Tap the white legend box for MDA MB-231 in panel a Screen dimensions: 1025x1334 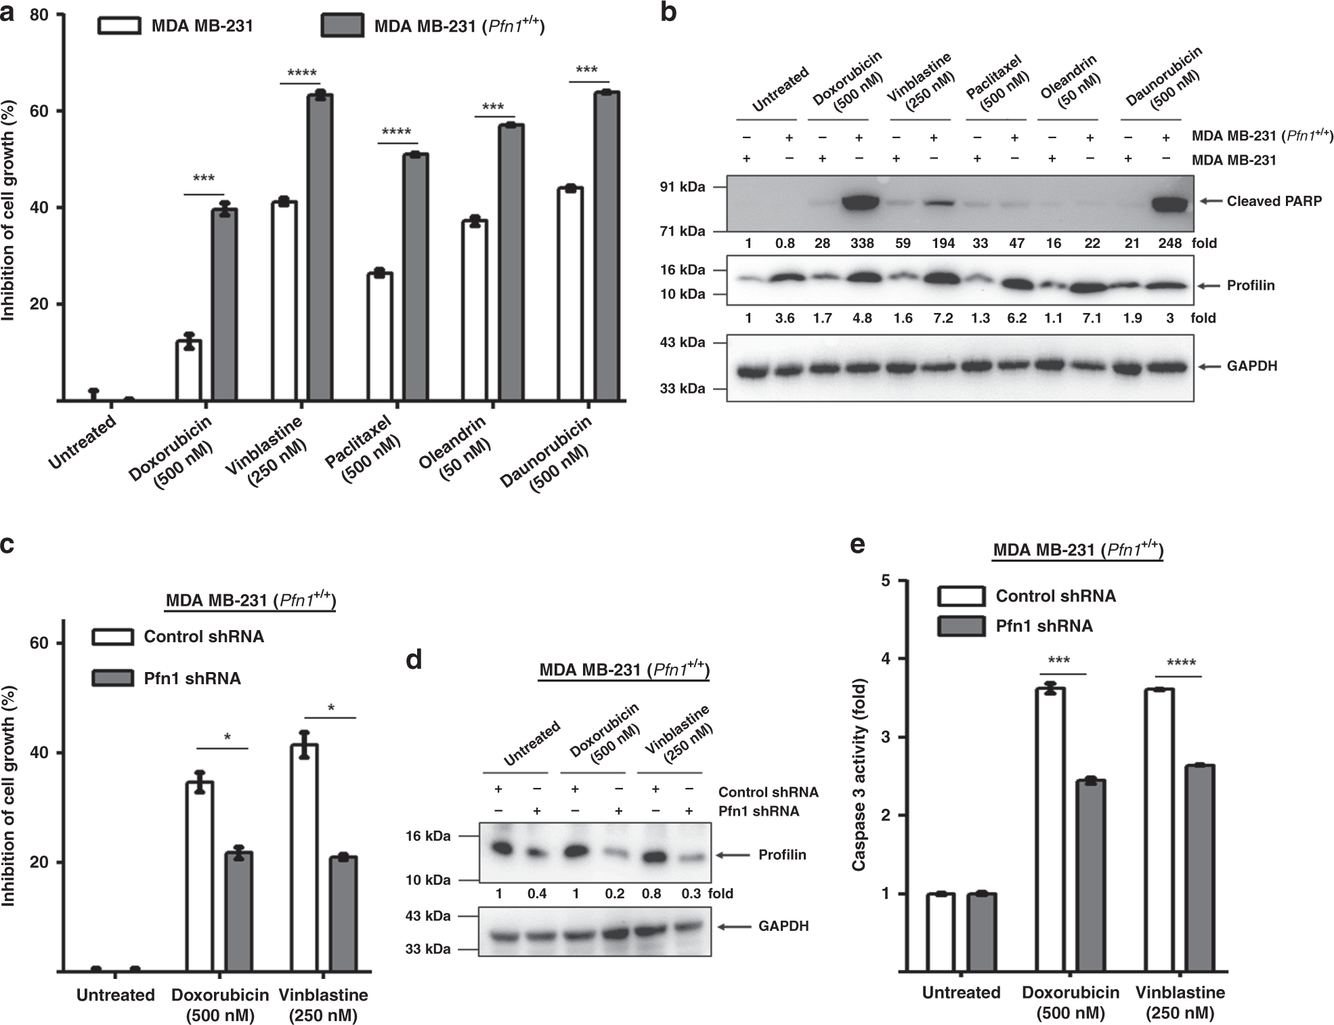click(x=120, y=26)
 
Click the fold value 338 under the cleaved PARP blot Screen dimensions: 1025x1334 click(x=861, y=243)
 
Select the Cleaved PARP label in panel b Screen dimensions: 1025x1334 click(x=1274, y=201)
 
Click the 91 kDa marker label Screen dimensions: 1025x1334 click(x=683, y=187)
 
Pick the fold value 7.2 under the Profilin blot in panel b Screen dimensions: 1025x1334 click(x=943, y=318)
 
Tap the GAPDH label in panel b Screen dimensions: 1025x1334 click(x=1252, y=367)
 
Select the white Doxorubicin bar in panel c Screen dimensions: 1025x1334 click(x=200, y=876)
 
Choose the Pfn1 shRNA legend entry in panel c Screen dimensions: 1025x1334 click(x=192, y=678)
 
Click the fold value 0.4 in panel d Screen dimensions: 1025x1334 click(x=537, y=894)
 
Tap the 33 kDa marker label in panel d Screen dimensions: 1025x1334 click(x=428, y=949)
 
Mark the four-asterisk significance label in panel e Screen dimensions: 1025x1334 click(x=1181, y=663)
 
